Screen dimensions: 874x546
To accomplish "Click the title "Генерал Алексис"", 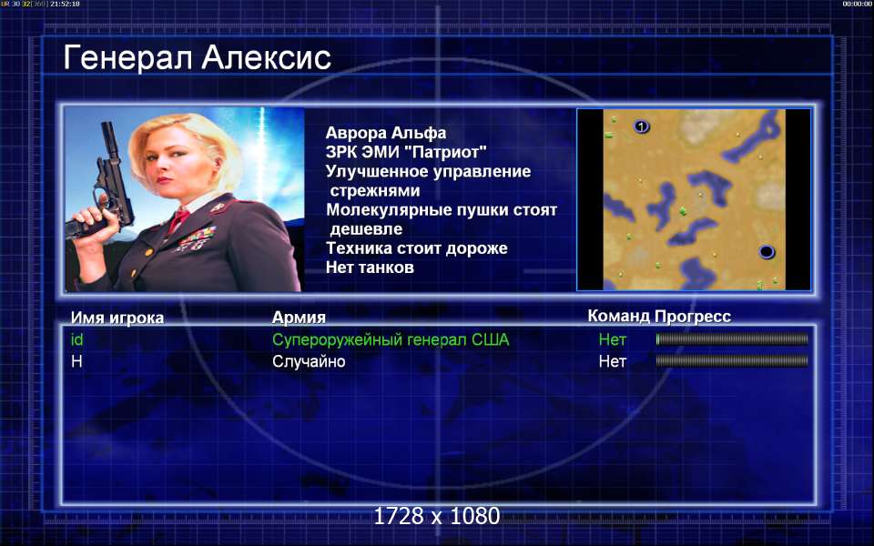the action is pos(197,58).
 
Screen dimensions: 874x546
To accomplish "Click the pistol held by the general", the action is pos(103,184).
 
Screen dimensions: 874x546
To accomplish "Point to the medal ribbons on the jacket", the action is pos(197,238).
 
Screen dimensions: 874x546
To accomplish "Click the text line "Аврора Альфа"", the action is pos(386,133).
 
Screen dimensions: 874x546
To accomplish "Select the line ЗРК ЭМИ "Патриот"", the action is pos(406,152).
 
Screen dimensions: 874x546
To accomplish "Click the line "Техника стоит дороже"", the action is pos(417,248).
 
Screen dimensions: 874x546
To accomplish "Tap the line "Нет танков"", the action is pos(370,268).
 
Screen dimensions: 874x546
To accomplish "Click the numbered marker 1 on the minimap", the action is pos(642,126).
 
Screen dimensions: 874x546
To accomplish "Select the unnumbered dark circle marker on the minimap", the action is pos(767,252).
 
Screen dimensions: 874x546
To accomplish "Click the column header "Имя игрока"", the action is pos(117,318).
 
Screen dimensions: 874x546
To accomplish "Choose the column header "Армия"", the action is pos(299,317).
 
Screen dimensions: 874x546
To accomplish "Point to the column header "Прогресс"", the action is pos(693,317).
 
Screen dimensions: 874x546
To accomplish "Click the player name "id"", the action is pos(76,339).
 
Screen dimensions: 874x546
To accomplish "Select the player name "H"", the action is pos(76,361).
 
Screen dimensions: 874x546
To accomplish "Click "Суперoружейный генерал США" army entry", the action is pos(391,339).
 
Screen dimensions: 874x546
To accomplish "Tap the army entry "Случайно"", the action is pos(309,361).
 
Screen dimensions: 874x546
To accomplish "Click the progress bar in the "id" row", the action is pos(732,339).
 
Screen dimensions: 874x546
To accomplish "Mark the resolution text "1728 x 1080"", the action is pos(436,516).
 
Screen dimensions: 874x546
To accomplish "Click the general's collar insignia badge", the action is pos(218,207).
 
